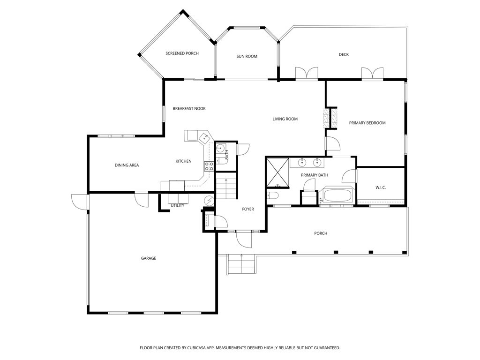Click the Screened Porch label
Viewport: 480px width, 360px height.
pyautogui.click(x=182, y=53)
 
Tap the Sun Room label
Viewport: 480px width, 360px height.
pyautogui.click(x=247, y=56)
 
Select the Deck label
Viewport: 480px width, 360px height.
pyautogui.click(x=344, y=54)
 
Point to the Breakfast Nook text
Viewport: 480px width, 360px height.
pyautogui.click(x=189, y=109)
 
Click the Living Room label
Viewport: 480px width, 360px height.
pyautogui.click(x=285, y=119)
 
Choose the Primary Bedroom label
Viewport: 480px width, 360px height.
pyautogui.click(x=367, y=123)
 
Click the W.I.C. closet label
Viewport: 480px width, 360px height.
pyautogui.click(x=380, y=187)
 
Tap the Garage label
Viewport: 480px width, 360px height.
pyautogui.click(x=149, y=258)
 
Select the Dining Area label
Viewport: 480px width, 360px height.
pyautogui.click(x=127, y=165)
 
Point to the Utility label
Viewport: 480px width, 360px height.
pyautogui.click(x=177, y=205)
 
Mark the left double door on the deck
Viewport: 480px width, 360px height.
pyautogui.click(x=307, y=74)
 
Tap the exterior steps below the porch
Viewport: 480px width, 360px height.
pyautogui.click(x=241, y=265)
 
